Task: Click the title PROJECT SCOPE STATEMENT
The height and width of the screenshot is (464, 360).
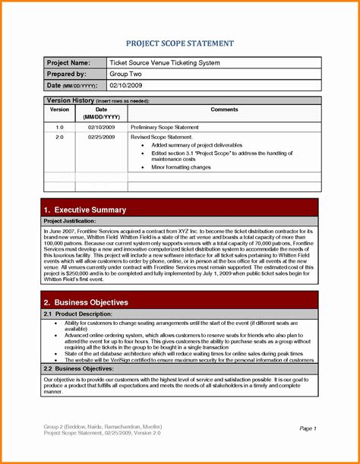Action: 179,43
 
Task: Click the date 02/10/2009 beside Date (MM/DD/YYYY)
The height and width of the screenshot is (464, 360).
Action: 127,87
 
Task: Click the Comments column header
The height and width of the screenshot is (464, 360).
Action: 224,109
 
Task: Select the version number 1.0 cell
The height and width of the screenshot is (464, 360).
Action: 59,127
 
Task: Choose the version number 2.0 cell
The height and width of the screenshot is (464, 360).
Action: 59,137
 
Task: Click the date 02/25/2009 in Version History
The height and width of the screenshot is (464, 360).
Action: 101,137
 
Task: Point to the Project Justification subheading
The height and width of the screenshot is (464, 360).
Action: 72,221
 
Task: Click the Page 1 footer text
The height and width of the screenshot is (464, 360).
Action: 308,428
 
